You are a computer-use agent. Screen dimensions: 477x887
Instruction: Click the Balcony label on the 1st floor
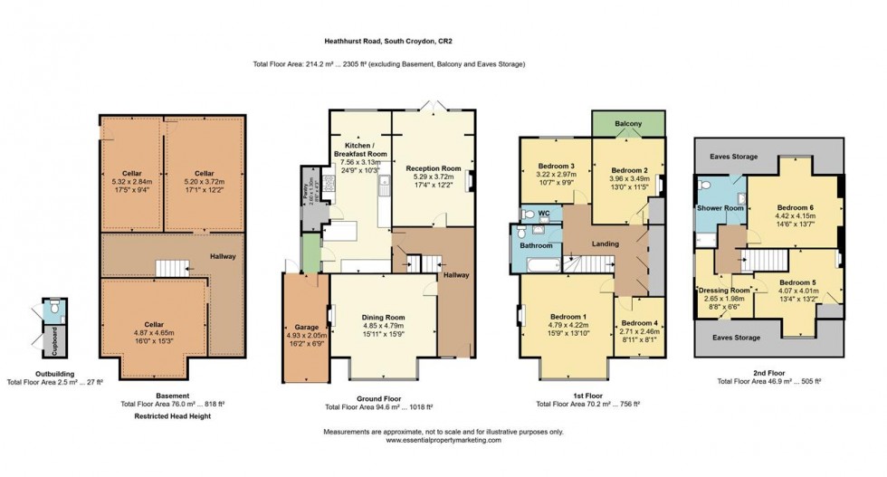point(629,123)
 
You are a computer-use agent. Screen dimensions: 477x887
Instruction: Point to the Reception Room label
point(434,168)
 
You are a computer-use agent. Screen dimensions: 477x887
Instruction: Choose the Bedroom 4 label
point(639,323)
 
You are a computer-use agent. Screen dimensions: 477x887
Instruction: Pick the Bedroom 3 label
point(557,167)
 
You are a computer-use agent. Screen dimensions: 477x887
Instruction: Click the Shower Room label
point(720,207)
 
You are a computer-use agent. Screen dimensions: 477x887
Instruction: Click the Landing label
point(605,243)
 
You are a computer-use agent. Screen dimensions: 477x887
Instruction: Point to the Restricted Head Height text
point(172,417)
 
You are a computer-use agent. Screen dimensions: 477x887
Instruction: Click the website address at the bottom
point(443,440)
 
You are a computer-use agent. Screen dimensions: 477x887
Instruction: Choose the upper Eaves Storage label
point(734,157)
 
